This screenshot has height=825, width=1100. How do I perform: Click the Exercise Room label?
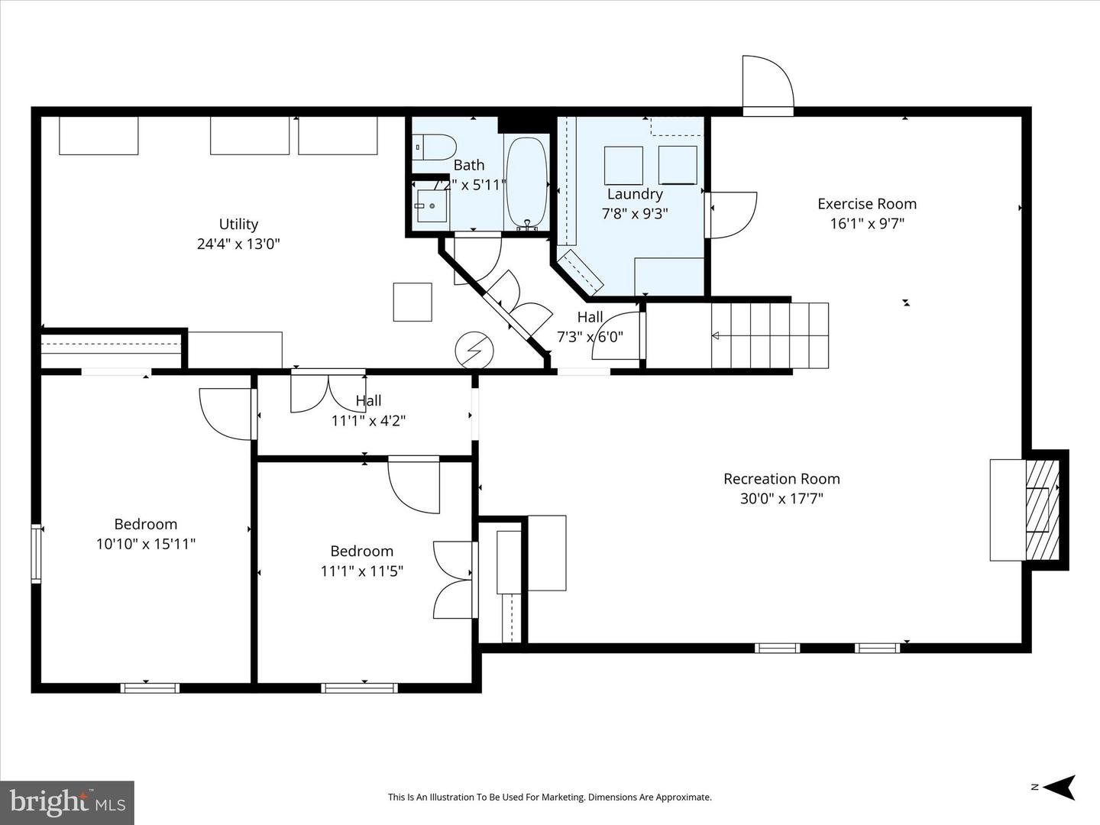[867, 204]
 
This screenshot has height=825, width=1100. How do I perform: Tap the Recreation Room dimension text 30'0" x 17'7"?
[781, 499]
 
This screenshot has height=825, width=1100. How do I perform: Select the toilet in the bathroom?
[437, 146]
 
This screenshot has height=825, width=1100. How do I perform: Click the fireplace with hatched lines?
[1038, 510]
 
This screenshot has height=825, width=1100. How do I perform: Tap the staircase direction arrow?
[716, 336]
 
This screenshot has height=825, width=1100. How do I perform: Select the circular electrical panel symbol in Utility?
[474, 351]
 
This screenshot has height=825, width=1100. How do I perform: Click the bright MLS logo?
[67, 802]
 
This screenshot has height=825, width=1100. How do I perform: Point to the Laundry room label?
[634, 194]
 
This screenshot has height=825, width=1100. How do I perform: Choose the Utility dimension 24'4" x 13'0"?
[238, 244]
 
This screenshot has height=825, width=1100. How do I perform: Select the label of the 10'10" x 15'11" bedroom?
[146, 524]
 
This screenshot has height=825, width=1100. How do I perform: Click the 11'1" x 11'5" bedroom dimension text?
[362, 571]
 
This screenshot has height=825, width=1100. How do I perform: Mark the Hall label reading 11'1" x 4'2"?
[368, 420]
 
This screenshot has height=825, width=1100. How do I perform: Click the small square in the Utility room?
[412, 302]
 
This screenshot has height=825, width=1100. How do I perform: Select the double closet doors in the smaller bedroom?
[454, 580]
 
